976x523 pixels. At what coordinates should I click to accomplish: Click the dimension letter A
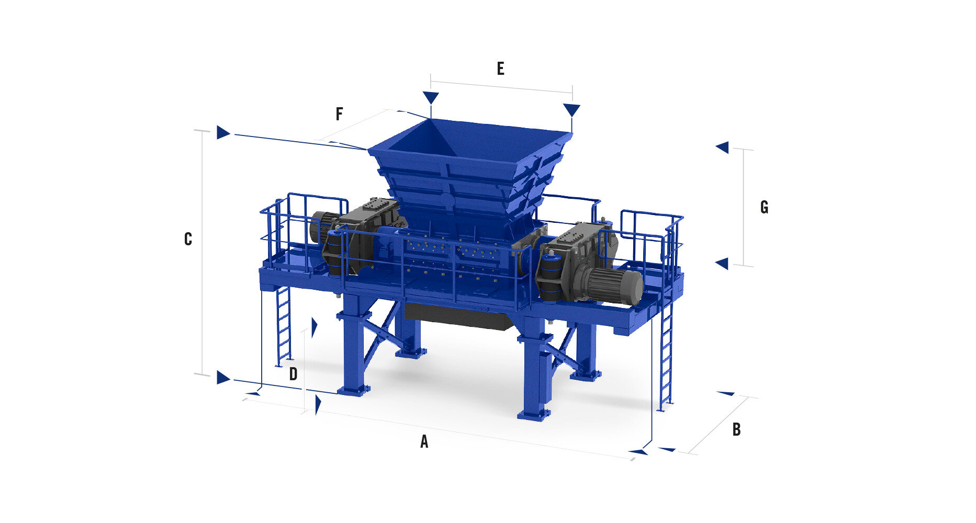[424, 442]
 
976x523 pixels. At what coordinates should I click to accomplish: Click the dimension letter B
[736, 429]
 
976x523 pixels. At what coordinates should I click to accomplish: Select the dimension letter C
[188, 239]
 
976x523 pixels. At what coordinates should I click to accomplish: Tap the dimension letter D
[294, 374]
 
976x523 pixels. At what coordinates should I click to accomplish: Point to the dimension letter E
[500, 69]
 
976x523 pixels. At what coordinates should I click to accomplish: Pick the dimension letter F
[339, 114]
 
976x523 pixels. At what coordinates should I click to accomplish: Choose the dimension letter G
[764, 208]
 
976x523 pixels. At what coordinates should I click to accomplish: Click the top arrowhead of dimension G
[723, 147]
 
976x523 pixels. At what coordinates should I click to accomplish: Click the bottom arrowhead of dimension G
[723, 264]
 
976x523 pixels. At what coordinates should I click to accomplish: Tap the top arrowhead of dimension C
[223, 132]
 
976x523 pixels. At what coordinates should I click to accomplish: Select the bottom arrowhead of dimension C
[223, 377]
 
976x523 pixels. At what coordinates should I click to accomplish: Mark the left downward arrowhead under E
[431, 98]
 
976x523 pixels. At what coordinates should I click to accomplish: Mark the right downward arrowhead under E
[571, 110]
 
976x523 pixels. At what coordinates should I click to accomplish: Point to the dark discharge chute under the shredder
[458, 316]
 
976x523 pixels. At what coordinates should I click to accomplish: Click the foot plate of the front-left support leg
[354, 390]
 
